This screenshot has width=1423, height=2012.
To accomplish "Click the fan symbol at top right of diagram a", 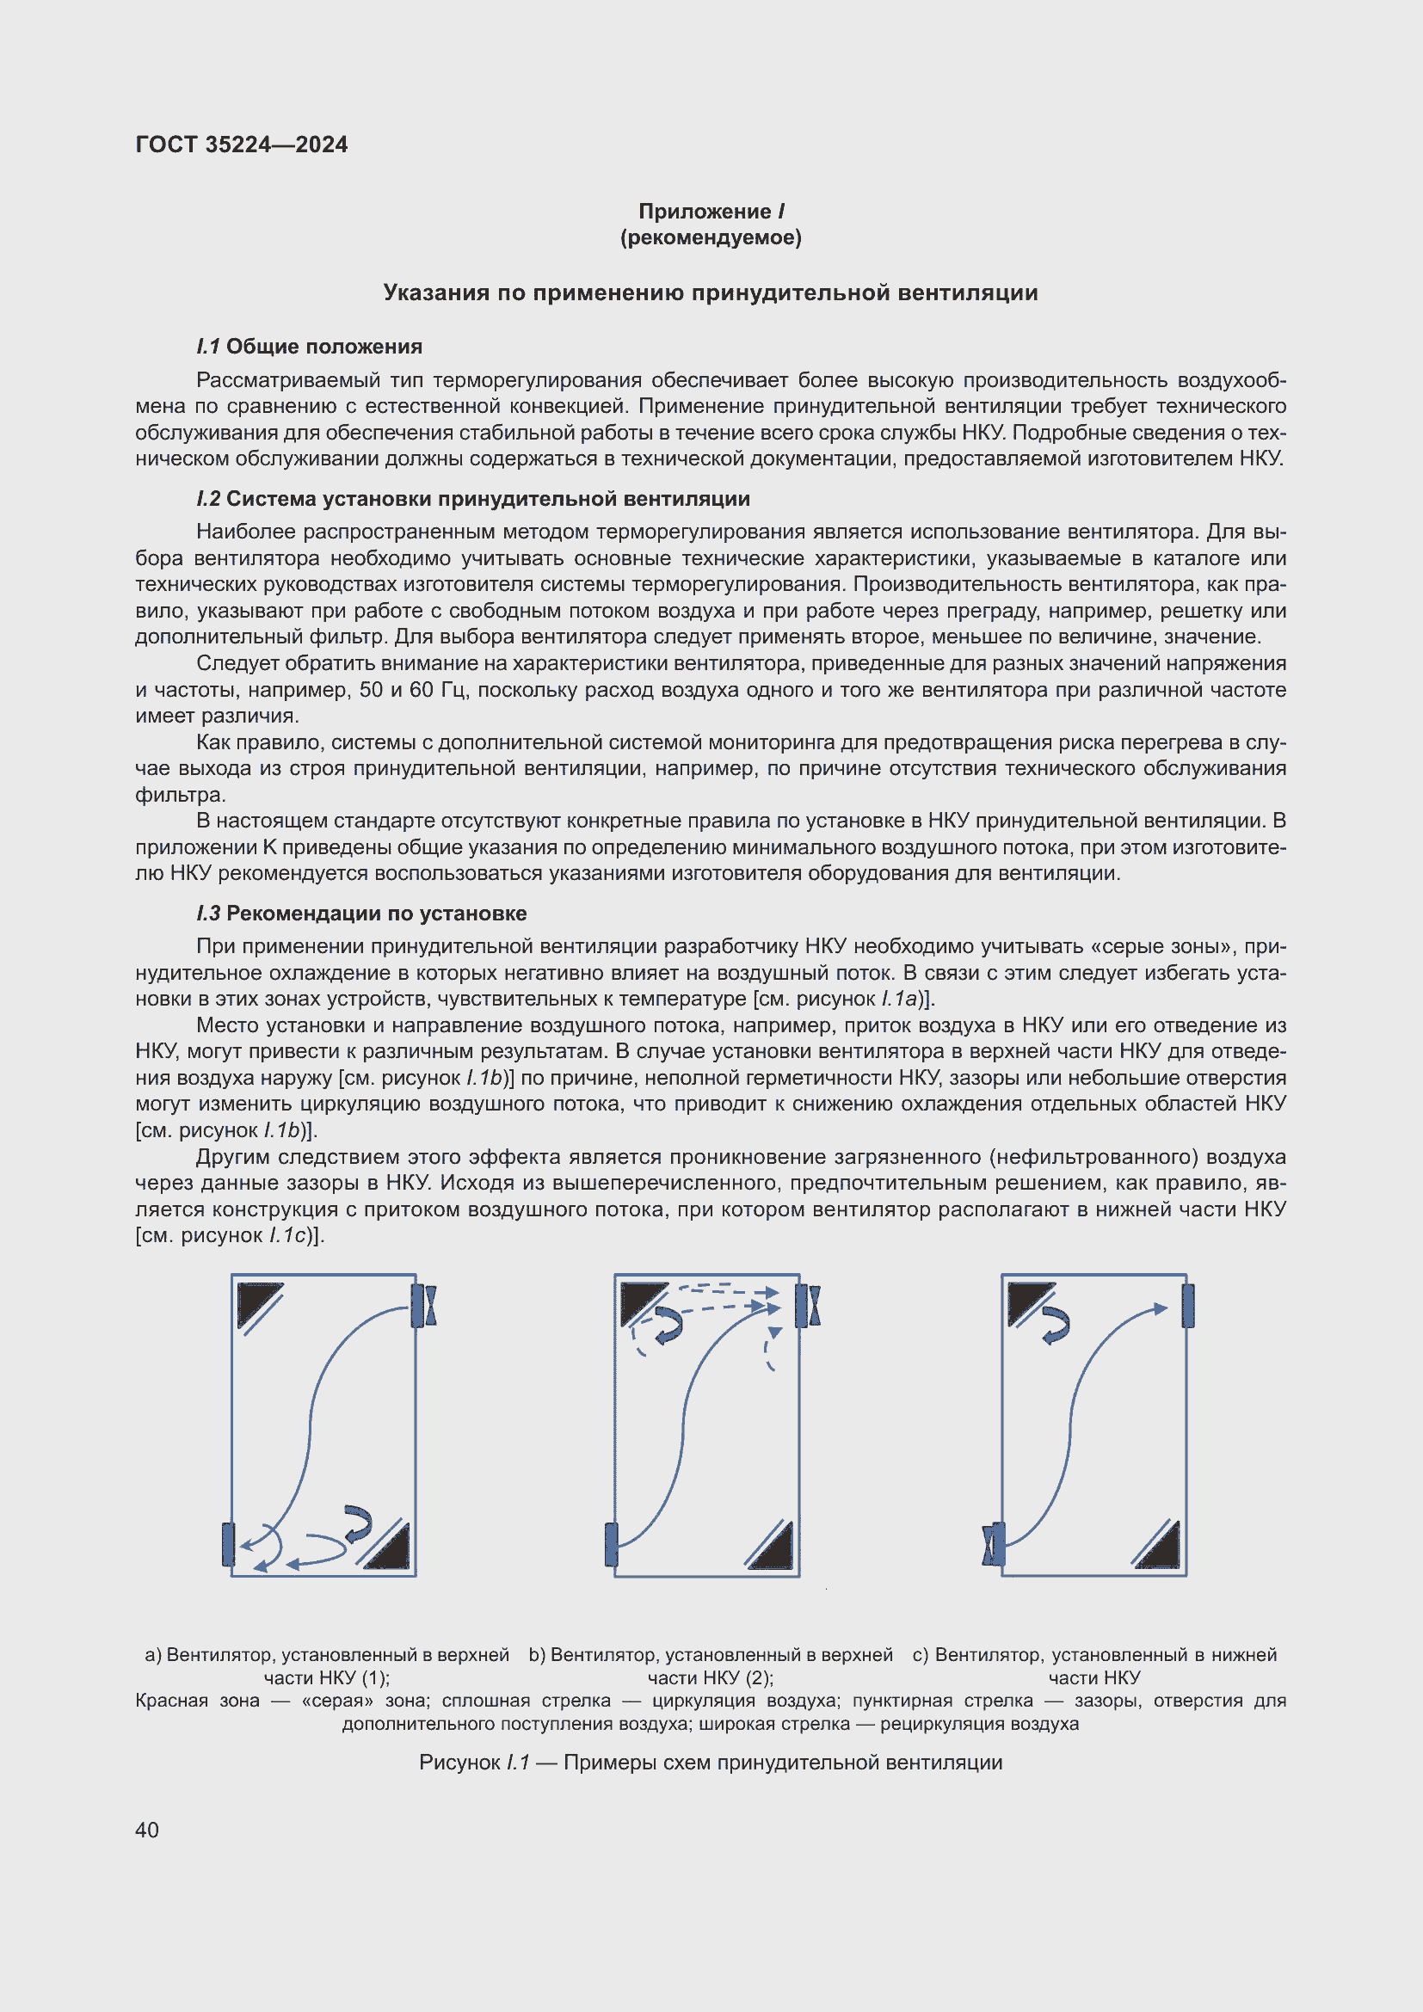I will coord(425,1306).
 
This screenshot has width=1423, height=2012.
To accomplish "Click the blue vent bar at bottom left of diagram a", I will coord(229,1544).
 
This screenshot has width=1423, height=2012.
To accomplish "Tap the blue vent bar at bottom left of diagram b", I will coord(612,1544).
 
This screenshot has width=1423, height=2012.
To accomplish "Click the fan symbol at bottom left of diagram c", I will coord(994,1544).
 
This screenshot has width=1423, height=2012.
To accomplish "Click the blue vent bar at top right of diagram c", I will coord(1188,1306).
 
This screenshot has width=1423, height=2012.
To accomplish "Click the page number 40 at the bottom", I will coord(147,1830).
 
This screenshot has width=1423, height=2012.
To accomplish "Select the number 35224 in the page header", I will coord(237,145).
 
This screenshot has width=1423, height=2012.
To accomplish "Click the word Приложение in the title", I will coord(705,212).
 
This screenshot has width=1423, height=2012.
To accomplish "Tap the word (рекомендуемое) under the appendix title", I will coord(711,237).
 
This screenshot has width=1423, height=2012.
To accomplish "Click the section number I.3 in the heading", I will coord(208,914).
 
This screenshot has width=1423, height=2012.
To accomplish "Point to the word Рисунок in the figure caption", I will coord(459,1763).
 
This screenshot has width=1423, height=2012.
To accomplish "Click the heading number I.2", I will coord(208,499).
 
